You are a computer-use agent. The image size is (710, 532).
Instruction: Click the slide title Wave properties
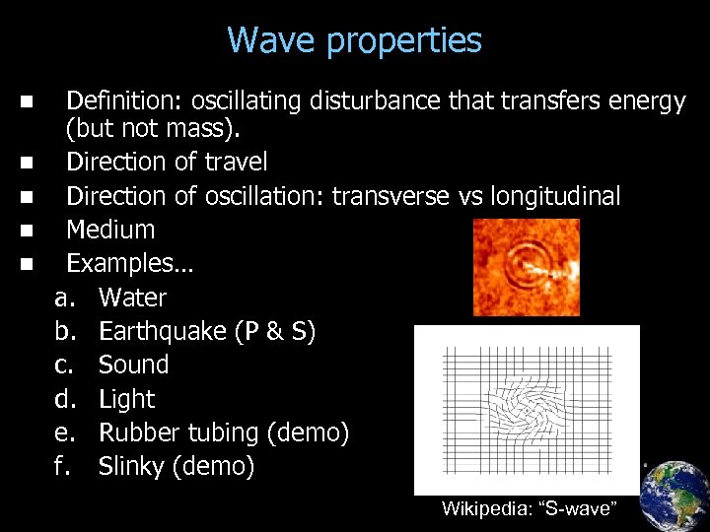click(354, 40)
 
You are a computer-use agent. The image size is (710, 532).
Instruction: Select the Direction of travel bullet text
click(167, 162)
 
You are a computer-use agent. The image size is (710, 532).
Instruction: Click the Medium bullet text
click(110, 230)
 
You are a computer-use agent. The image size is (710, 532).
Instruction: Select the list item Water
click(132, 298)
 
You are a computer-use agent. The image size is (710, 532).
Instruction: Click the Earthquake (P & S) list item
click(207, 332)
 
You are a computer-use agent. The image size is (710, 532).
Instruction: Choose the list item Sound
click(133, 365)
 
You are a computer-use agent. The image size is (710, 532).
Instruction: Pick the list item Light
click(127, 399)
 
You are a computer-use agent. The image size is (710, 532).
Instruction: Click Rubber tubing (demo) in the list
click(224, 432)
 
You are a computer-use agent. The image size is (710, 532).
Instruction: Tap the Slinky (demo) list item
click(177, 466)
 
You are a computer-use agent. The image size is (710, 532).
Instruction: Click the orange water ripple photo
click(526, 267)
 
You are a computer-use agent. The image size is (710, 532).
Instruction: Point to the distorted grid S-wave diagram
click(527, 409)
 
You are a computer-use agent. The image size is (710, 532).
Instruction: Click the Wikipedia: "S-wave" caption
click(529, 509)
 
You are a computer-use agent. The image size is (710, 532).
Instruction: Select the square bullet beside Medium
click(26, 230)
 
